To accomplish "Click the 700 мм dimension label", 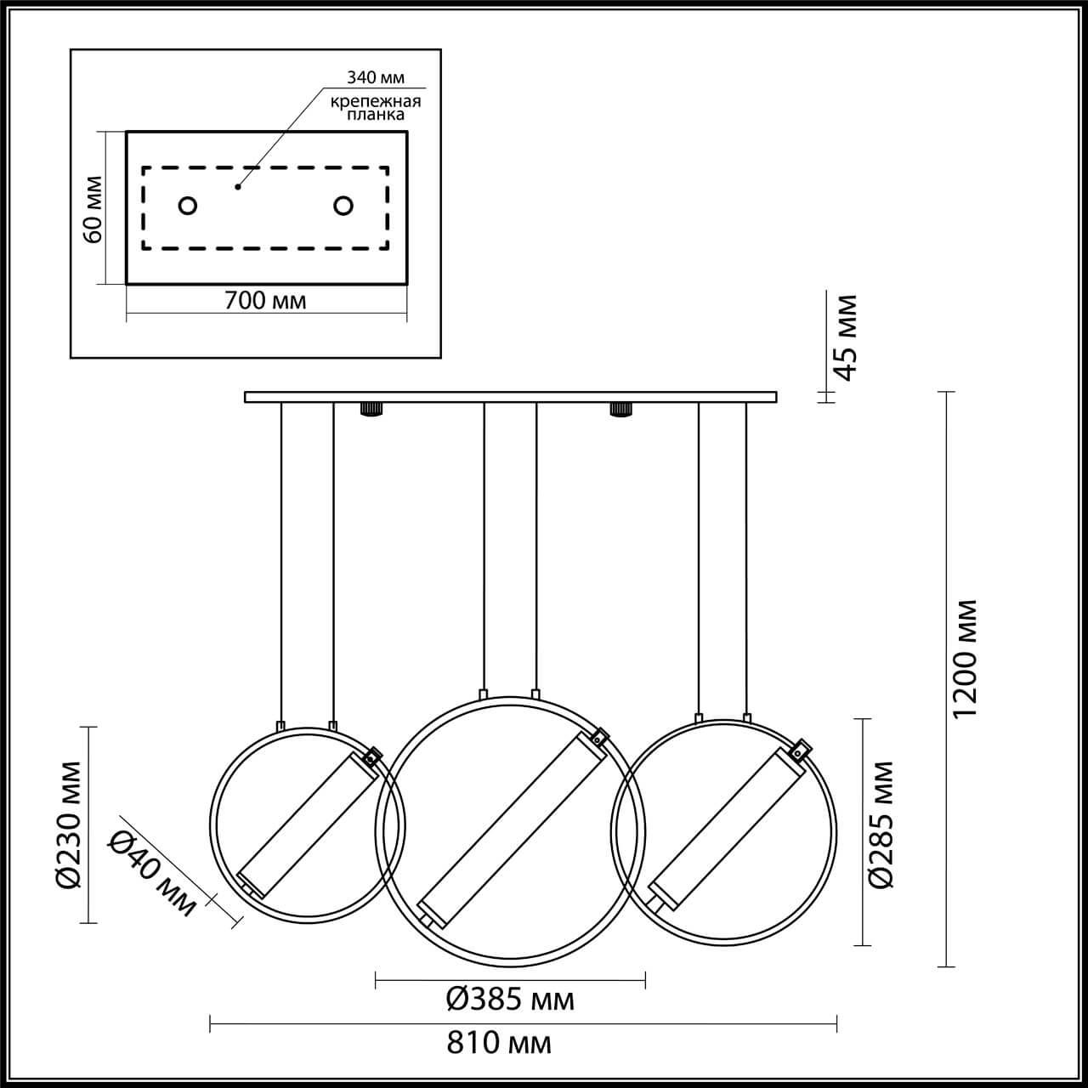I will click(x=264, y=300).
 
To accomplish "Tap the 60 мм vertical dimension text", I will click(x=92, y=208).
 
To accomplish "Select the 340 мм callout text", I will click(x=375, y=77).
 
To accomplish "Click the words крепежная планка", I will click(x=377, y=108).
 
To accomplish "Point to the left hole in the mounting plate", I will click(x=188, y=206).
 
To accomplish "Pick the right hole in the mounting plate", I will click(x=343, y=206).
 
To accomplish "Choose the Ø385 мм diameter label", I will click(x=511, y=1000).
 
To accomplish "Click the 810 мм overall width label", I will click(x=500, y=1043).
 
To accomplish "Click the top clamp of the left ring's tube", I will click(x=371, y=756).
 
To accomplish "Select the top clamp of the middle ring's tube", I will click(x=600, y=737).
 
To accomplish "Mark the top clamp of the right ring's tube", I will click(x=799, y=750).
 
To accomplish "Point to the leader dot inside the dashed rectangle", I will click(x=238, y=186).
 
